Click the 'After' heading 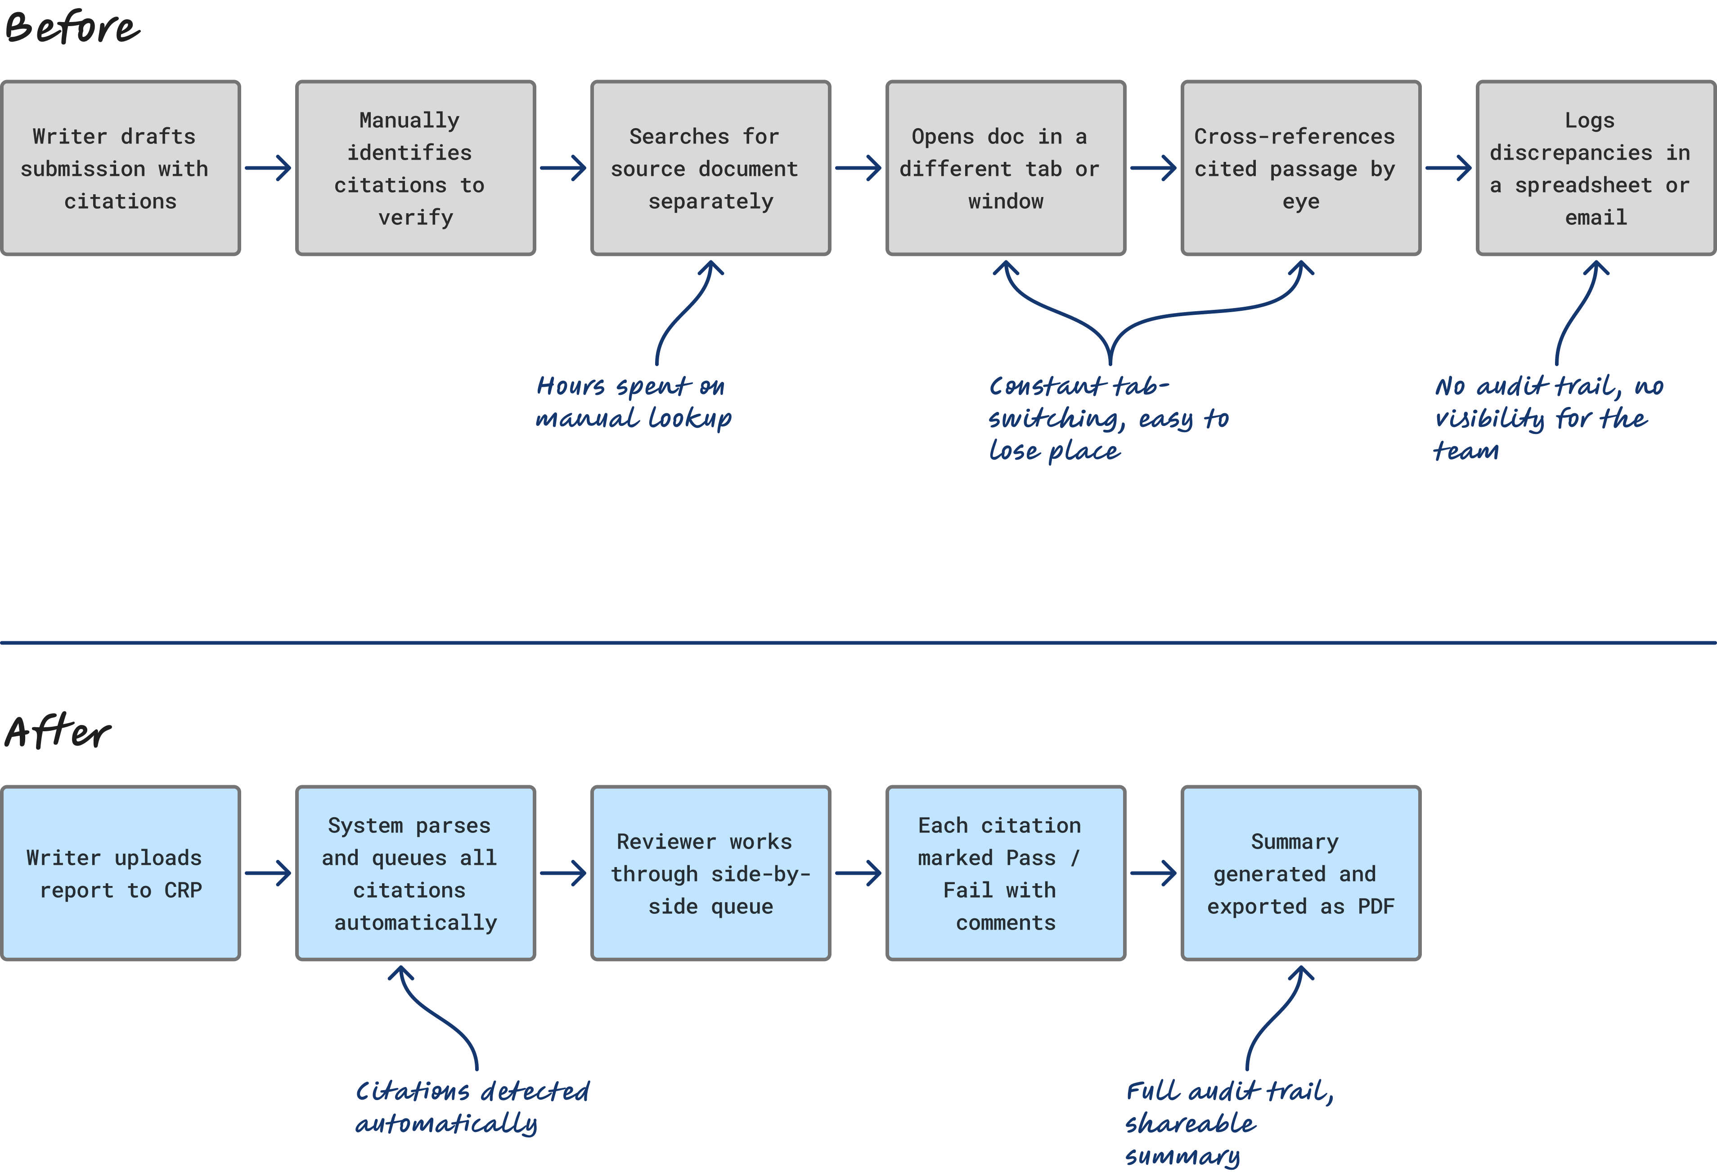pos(58,732)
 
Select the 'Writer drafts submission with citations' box pos(121,168)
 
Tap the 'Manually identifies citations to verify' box pos(415,168)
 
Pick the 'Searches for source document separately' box pos(711,168)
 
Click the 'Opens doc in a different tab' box pos(1006,168)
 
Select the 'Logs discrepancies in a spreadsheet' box pos(1596,168)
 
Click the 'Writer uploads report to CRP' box pos(121,873)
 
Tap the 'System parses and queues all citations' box pos(415,873)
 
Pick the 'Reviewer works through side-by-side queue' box pos(711,873)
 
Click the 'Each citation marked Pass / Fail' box pos(1006,873)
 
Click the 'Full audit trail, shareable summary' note pos(1229,1123)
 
